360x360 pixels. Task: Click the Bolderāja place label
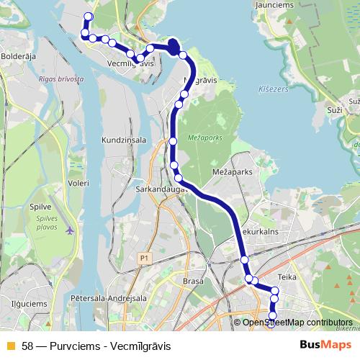point(17,55)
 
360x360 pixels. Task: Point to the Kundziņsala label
point(124,139)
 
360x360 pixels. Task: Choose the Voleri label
point(77,184)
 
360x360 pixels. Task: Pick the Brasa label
point(193,282)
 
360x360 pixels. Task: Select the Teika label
point(287,276)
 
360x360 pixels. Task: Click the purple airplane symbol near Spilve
point(68,231)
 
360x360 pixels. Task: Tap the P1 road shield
point(145,257)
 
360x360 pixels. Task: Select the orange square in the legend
point(10,346)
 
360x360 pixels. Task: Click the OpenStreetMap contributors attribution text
point(297,323)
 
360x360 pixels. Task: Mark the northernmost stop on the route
point(89,17)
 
